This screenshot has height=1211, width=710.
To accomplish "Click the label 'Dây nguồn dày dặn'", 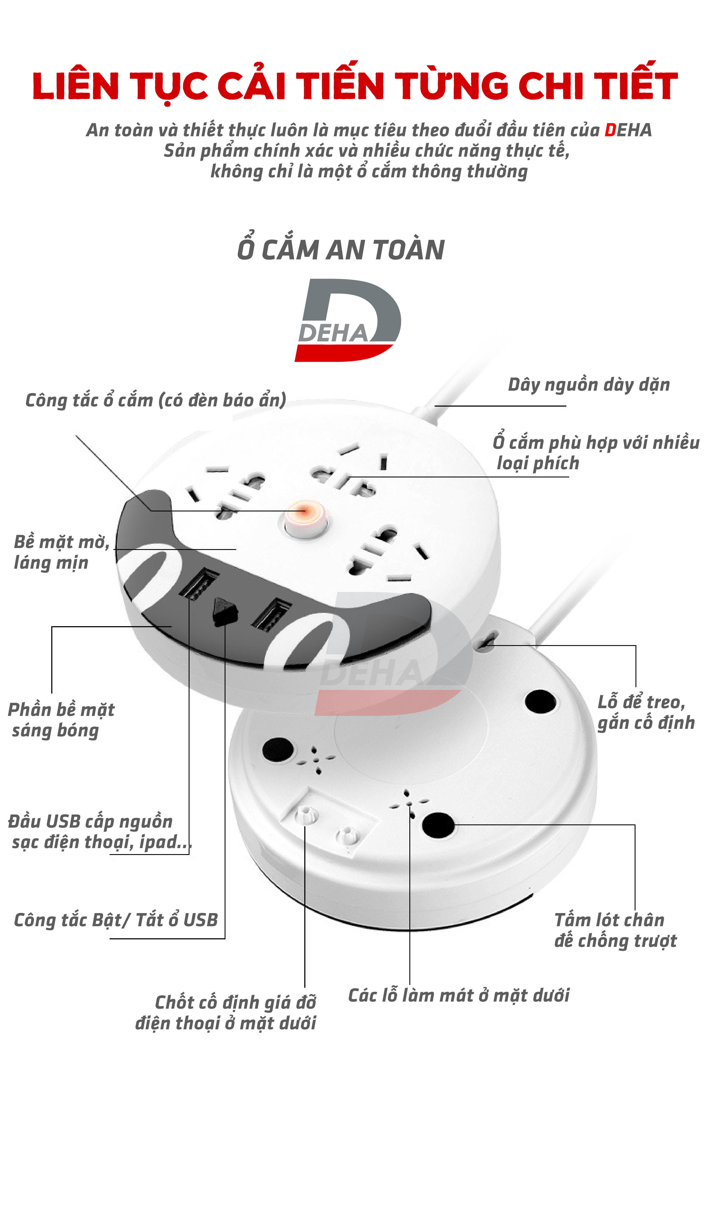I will click(588, 385).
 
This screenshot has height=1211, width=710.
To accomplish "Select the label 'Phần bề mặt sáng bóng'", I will click(61, 720).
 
